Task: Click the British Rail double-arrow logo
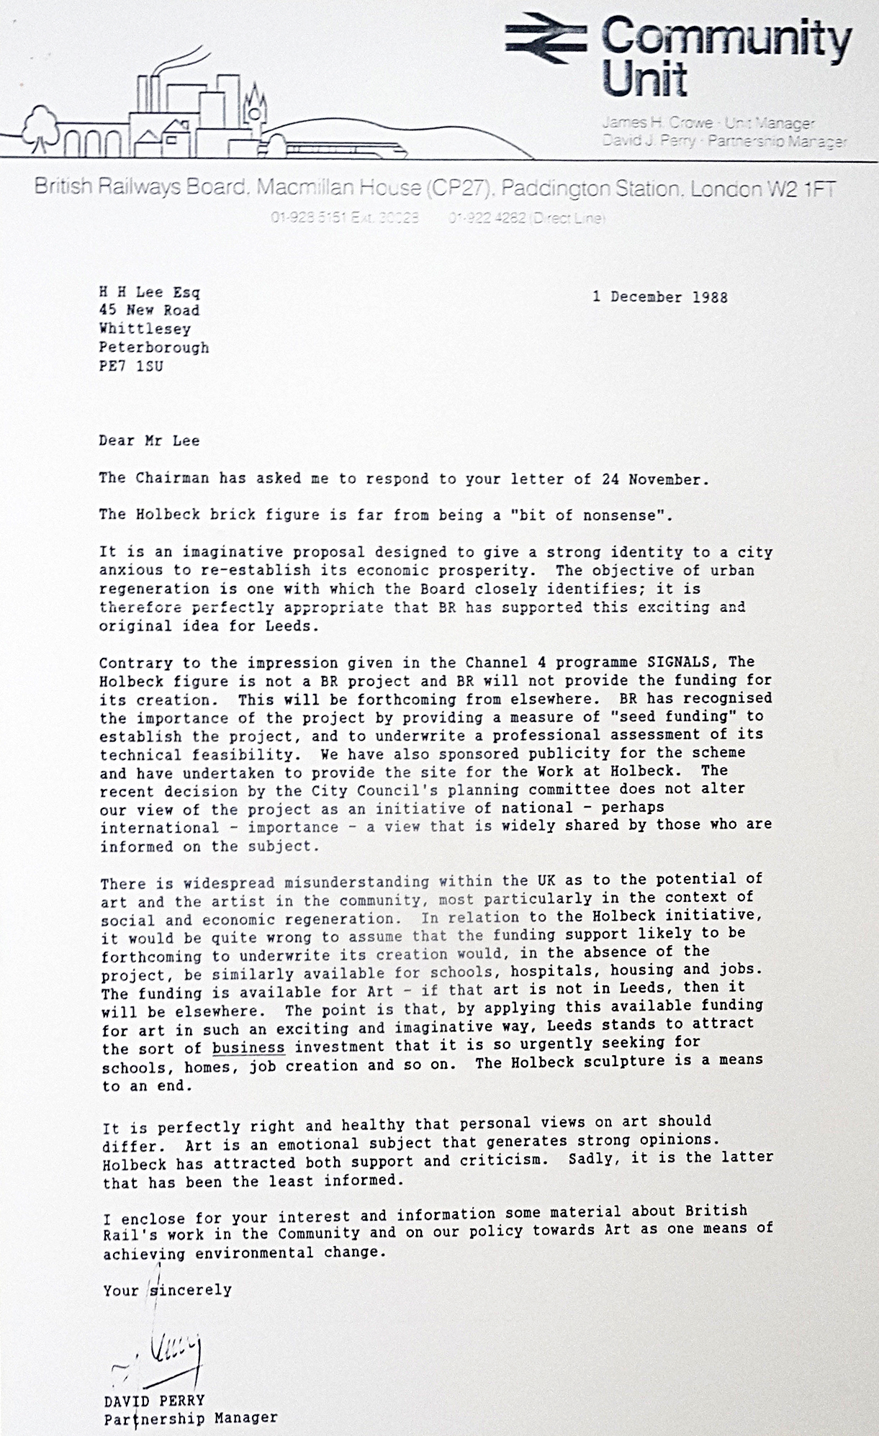coord(546,37)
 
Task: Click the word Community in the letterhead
coord(726,38)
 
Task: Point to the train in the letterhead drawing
coord(346,150)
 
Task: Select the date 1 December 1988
coord(659,297)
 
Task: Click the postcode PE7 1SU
coord(131,366)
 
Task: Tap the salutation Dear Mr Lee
coord(149,441)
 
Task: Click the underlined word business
coord(248,1047)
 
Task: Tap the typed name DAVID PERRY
coord(154,1401)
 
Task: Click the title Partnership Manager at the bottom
coord(190,1419)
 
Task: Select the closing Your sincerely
coord(167,1290)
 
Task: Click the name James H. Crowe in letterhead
coord(657,123)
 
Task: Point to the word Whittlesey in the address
coord(145,329)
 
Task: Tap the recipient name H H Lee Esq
coord(149,292)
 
